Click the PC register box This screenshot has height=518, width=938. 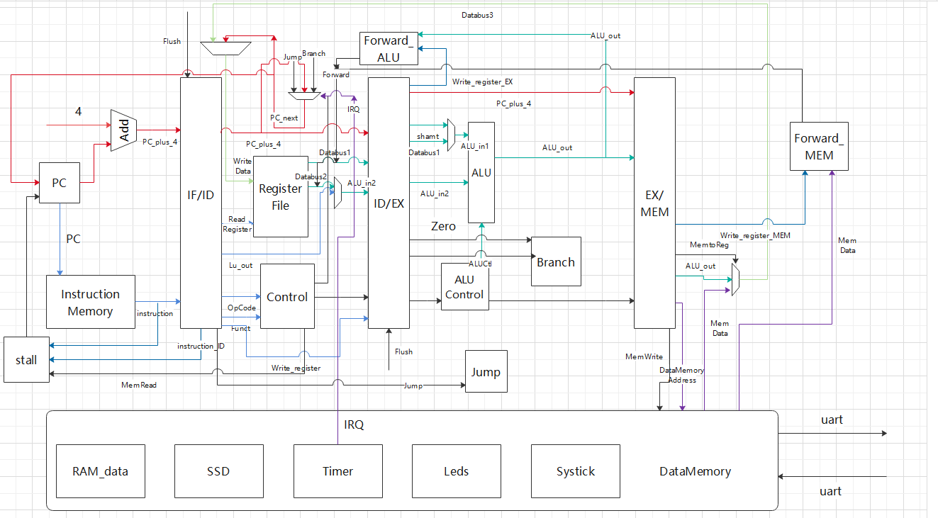tap(59, 183)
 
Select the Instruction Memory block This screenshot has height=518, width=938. tap(90, 303)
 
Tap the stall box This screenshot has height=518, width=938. tap(26, 360)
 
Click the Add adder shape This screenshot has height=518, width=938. tap(123, 130)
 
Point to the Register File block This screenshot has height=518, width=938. tap(281, 196)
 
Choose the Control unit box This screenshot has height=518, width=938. tap(287, 296)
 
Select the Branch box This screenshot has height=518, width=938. tap(556, 261)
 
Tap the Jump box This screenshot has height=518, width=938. tap(486, 372)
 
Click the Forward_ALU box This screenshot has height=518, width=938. tap(388, 49)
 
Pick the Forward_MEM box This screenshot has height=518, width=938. tap(819, 147)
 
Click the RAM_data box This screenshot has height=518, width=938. tap(100, 471)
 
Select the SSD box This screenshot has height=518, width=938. tap(218, 471)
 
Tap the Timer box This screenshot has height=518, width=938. tap(337, 471)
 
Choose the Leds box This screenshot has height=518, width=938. tap(456, 471)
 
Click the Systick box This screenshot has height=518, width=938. tap(575, 471)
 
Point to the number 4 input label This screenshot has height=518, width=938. tap(79, 112)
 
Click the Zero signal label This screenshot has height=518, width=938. tap(443, 227)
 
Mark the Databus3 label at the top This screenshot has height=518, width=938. tap(477, 15)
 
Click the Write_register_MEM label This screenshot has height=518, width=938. tap(754, 235)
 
